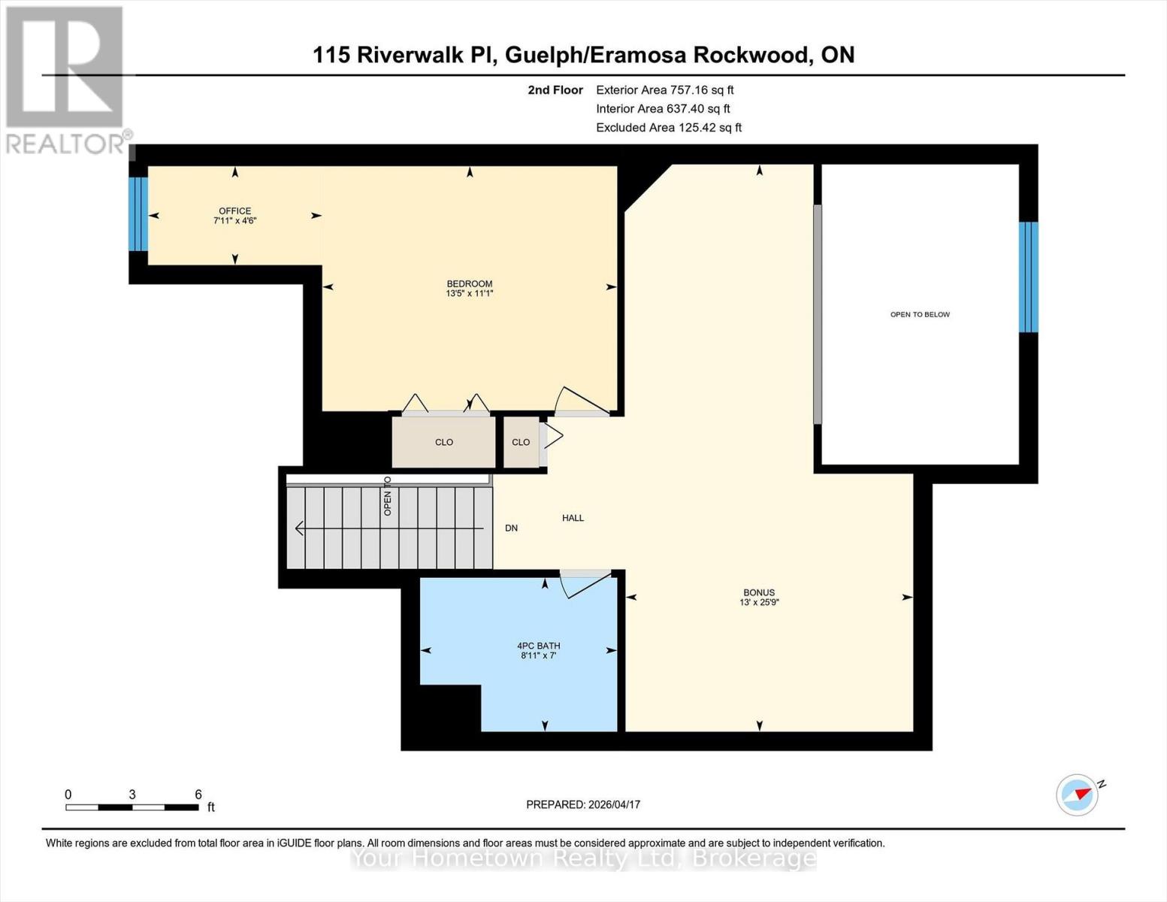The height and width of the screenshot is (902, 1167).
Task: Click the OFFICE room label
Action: pyautogui.click(x=234, y=211)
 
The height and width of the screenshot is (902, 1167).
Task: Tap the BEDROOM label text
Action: pyautogui.click(x=469, y=284)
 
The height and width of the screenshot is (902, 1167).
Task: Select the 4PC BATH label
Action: pyautogui.click(x=538, y=646)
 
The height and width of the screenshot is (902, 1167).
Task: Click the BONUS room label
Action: pyautogui.click(x=758, y=592)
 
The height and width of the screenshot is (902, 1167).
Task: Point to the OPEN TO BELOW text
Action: pyautogui.click(x=920, y=314)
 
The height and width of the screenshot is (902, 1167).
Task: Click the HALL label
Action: pyautogui.click(x=573, y=518)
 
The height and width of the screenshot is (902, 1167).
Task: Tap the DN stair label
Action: pyautogui.click(x=511, y=528)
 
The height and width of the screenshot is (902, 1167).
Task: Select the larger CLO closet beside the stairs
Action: pyautogui.click(x=443, y=442)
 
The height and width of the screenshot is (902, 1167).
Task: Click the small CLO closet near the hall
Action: pyautogui.click(x=521, y=442)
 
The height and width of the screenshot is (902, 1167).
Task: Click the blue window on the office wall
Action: pyautogui.click(x=138, y=213)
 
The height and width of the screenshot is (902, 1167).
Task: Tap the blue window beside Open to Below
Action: pyautogui.click(x=1028, y=277)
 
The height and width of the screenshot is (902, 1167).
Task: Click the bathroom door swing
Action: pyautogui.click(x=585, y=584)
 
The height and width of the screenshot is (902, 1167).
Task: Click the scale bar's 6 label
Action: pyautogui.click(x=198, y=795)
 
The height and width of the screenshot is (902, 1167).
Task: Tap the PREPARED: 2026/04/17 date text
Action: pyautogui.click(x=583, y=804)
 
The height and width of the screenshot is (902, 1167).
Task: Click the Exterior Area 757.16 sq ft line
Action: pyautogui.click(x=664, y=89)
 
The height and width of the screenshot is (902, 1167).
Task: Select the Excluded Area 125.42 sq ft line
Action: pyautogui.click(x=668, y=128)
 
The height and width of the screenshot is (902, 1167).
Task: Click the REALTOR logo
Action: pyautogui.click(x=66, y=79)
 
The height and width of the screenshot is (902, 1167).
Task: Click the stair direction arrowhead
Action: pyautogui.click(x=299, y=528)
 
